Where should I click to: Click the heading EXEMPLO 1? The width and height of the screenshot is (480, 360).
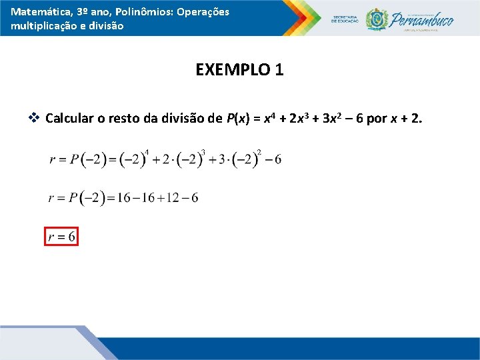click(239, 69)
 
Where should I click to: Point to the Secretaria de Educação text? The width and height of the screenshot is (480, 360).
click(345, 19)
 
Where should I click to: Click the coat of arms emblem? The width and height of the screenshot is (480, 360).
click(377, 19)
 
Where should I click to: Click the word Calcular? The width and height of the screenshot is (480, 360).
click(69, 119)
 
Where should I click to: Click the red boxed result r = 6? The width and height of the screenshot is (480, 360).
click(61, 237)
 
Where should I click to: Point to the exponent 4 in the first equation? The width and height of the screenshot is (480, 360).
click(146, 152)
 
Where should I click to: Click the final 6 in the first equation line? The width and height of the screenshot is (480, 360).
click(277, 160)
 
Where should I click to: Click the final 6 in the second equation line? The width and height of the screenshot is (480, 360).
click(194, 198)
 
